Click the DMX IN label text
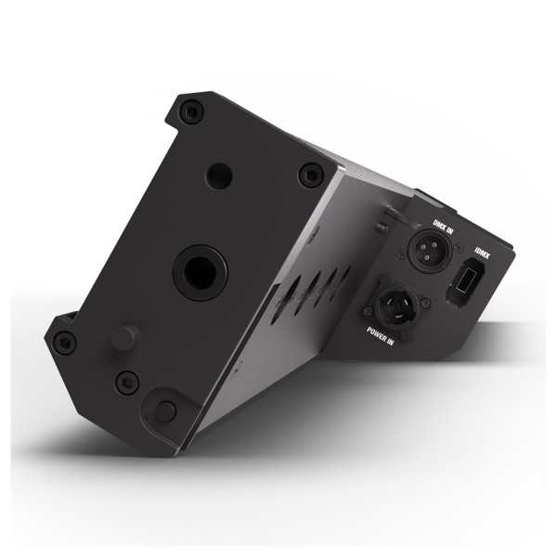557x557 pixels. coord(443,226)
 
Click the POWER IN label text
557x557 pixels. coord(380,336)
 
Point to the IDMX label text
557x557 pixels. coord(482,253)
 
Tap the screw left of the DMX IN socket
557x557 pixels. coord(402,254)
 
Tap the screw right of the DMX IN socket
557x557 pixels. coord(459,247)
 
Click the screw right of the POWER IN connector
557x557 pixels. coord(426,303)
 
